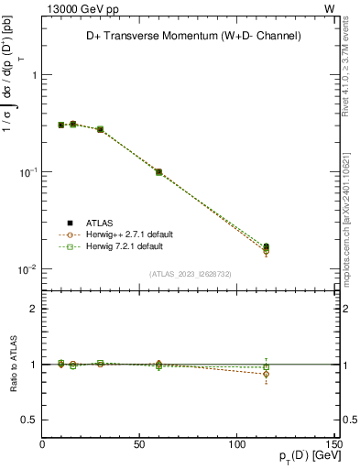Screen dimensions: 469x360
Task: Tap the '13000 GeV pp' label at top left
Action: pos(77,8)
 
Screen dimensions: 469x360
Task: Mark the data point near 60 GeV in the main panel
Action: pos(158,171)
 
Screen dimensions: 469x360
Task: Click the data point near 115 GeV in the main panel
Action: pos(266,246)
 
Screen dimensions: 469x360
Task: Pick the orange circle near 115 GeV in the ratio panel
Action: pos(266,374)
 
